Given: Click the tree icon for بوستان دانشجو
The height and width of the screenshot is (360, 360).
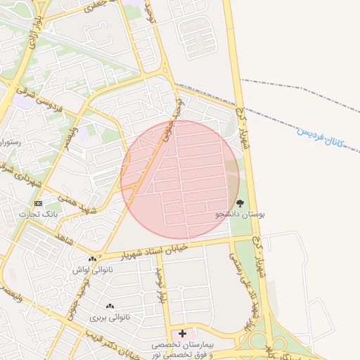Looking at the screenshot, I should (x=240, y=204).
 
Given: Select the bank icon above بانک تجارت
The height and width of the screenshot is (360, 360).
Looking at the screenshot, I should (x=38, y=203).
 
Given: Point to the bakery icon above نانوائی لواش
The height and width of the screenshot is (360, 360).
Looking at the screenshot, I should (x=92, y=259).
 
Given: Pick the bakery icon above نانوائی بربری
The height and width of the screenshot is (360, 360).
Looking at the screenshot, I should (x=110, y=307).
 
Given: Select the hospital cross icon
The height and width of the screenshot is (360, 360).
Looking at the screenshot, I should (x=183, y=333).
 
